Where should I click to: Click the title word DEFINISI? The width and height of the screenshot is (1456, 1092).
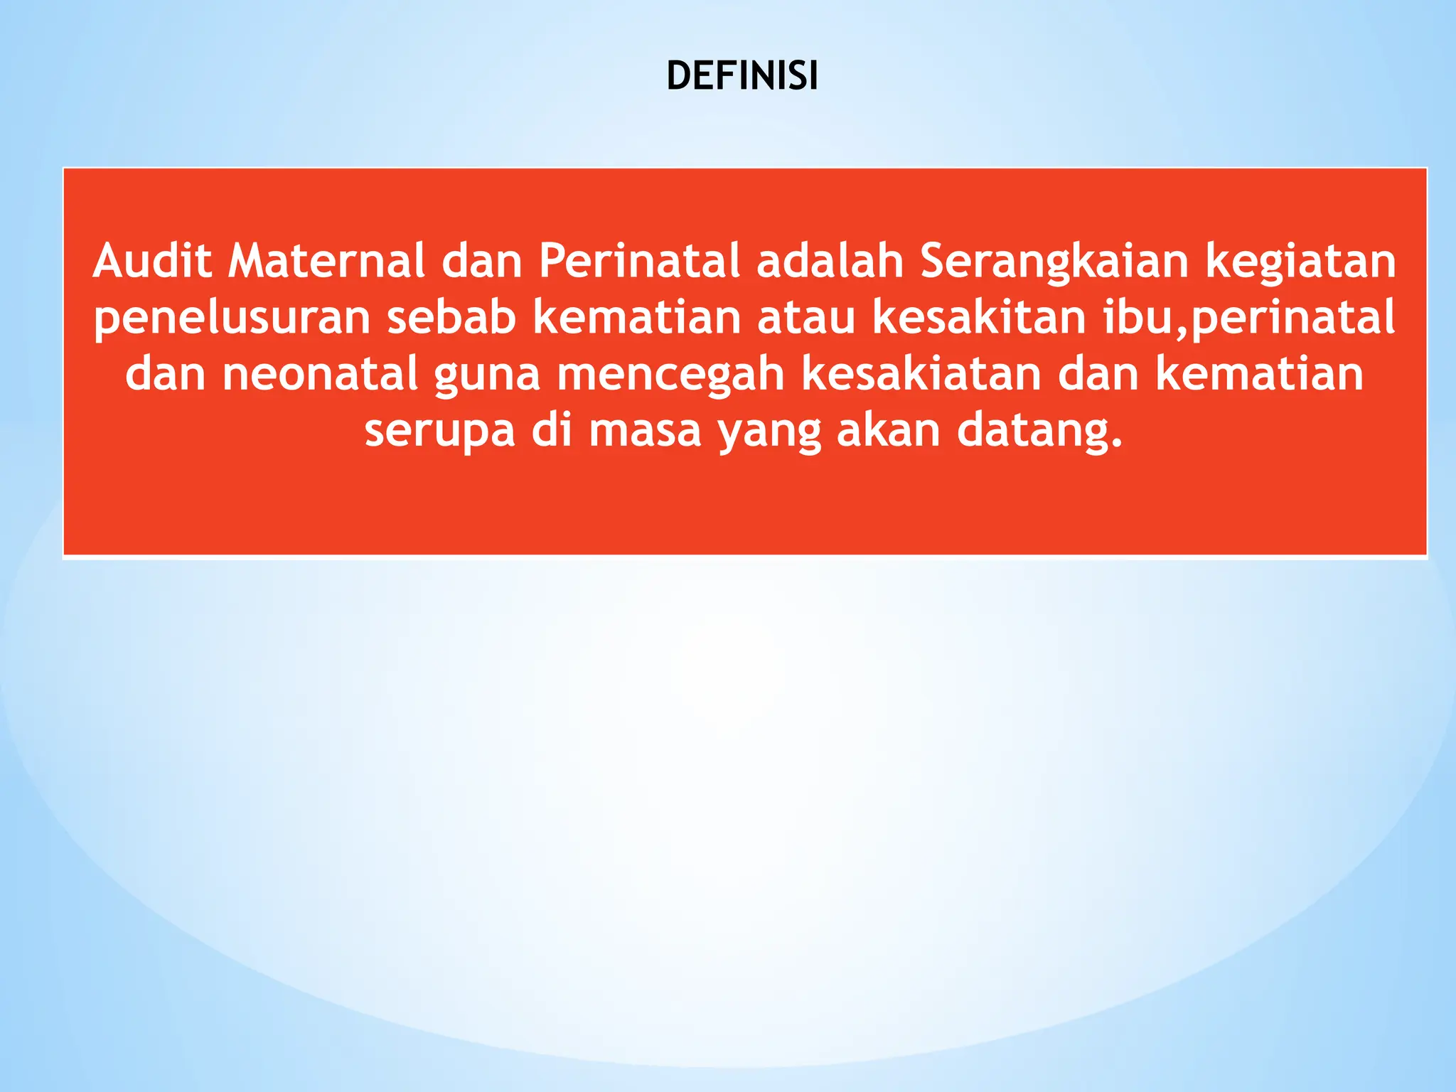click(742, 77)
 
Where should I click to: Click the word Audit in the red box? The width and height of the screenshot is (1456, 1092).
click(152, 261)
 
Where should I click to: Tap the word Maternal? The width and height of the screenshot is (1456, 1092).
click(326, 261)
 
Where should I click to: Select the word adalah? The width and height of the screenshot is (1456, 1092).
click(830, 261)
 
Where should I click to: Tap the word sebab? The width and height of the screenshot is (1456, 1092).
click(451, 317)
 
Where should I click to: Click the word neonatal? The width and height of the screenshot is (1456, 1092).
click(320, 374)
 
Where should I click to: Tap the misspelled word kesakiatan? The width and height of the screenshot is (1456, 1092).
click(921, 374)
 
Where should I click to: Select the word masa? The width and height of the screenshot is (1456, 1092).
click(645, 431)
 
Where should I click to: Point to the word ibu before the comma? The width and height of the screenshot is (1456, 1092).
click(1137, 317)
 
